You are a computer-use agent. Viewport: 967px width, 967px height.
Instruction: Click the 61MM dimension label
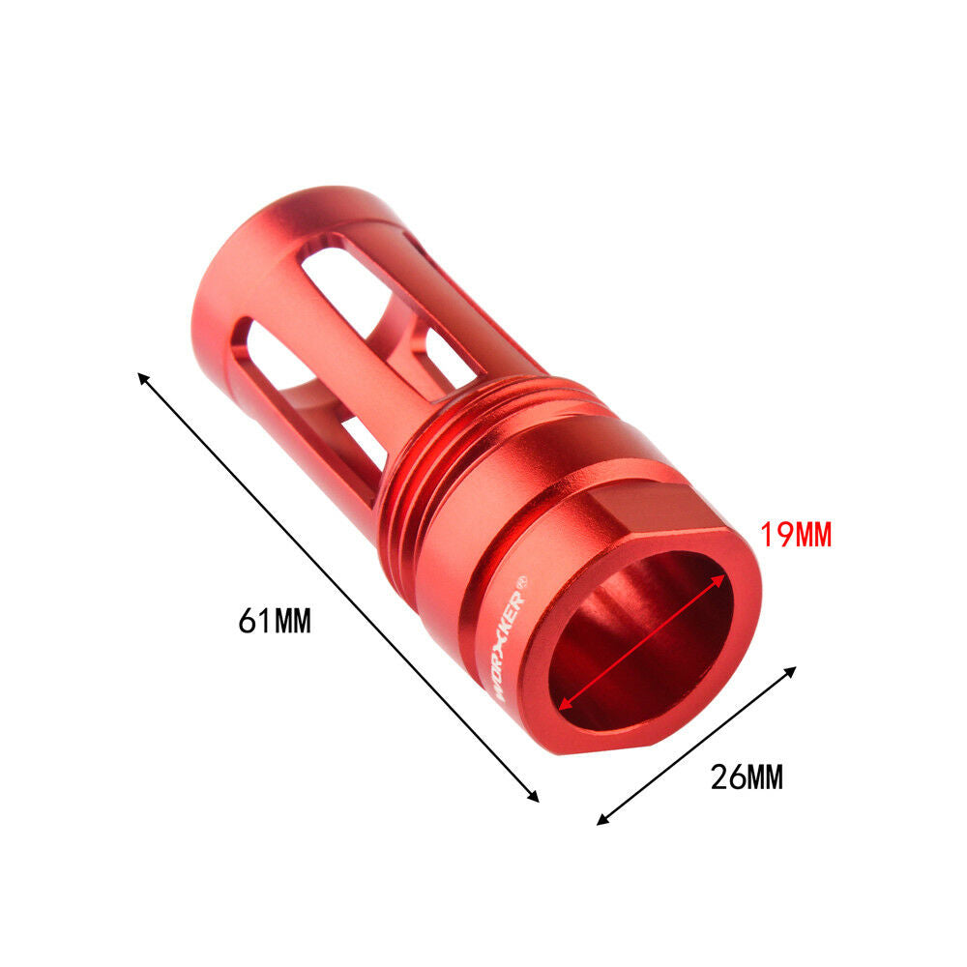click(x=275, y=621)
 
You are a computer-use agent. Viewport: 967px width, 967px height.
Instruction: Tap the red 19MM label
click(x=796, y=535)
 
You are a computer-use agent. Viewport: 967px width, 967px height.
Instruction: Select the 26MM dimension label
click(x=747, y=777)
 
